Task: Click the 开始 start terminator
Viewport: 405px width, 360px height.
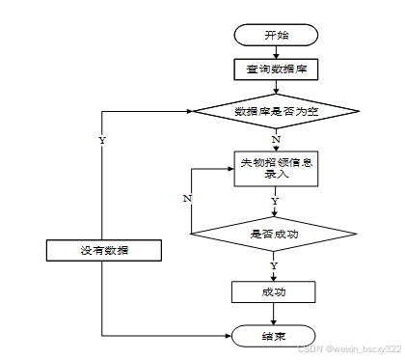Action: coord(276,35)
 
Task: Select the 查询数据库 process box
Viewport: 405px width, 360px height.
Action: coord(276,69)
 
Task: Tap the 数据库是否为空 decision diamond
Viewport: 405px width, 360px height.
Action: coord(276,111)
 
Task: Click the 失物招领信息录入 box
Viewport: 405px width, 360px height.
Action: coord(276,169)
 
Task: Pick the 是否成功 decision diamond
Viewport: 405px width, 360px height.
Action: coord(274,234)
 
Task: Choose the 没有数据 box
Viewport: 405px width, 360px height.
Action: coord(104,250)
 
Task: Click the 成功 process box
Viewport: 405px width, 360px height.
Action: coord(274,292)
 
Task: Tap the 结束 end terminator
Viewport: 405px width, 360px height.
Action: coord(274,336)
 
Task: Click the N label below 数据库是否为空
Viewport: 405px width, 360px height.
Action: coord(276,140)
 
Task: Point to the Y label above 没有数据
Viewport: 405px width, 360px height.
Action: coord(102,141)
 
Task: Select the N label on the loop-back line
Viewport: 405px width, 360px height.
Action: coord(187,199)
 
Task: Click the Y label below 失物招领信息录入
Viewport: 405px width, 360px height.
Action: coord(275,202)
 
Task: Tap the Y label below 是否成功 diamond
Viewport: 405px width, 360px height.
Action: coord(274,266)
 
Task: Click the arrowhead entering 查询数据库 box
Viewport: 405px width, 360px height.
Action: coord(276,56)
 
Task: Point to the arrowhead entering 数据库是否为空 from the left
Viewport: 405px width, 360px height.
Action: coord(189,111)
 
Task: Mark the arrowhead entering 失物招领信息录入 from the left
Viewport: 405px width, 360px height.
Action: coord(231,169)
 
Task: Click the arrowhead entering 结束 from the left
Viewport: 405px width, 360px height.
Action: coord(229,336)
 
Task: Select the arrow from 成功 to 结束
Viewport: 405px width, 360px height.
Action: coord(274,314)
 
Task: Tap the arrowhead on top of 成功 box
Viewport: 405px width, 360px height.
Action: coord(274,279)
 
